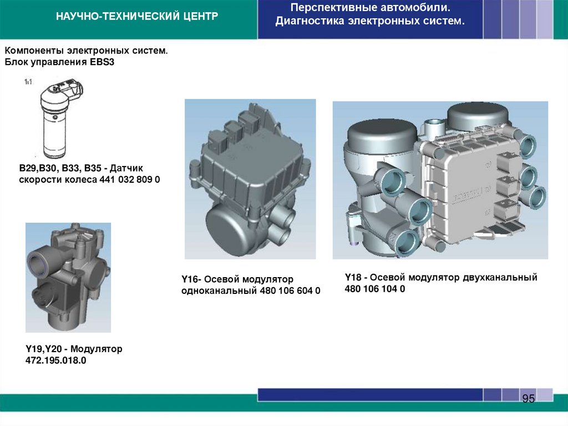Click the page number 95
[528, 399]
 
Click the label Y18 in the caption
[353, 277]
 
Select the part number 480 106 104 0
[375, 289]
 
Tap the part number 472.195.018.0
[56, 360]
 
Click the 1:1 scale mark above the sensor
[28, 82]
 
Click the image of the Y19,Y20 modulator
[68, 278]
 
